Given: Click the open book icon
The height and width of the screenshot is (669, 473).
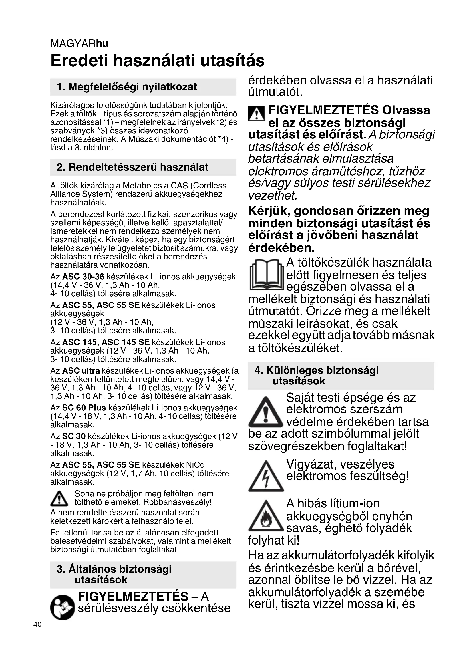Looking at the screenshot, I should [266, 275].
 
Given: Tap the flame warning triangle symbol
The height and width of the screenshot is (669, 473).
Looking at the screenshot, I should [266, 517].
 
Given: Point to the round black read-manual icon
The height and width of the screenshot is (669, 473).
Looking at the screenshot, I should [62, 608].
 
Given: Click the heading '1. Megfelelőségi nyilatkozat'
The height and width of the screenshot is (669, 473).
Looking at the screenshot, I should [127, 87].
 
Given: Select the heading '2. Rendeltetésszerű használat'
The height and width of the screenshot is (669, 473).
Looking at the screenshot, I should [132, 167].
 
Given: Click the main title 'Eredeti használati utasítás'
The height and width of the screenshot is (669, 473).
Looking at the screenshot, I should [157, 61].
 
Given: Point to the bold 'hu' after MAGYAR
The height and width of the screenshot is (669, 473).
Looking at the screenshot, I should [102, 44].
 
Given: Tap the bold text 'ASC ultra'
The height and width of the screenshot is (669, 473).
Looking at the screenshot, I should [81, 371].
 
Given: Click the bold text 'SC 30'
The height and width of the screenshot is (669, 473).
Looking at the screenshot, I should [74, 436].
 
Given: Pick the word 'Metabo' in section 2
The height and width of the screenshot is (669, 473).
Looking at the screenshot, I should [136, 186].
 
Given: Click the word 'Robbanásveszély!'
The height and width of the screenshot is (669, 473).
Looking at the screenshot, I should [177, 502].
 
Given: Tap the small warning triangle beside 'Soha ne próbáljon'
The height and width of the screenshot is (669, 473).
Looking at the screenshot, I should [59, 498].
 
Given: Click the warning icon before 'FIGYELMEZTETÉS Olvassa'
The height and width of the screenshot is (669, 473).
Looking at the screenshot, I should [256, 114].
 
